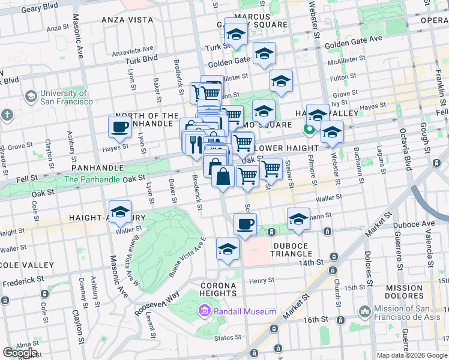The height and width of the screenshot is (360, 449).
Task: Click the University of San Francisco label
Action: [64, 97]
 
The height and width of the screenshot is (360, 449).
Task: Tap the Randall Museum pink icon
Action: [204, 311]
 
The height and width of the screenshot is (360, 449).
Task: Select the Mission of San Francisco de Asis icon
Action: [364, 311]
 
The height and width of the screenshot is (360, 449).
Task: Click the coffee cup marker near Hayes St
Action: [120, 127]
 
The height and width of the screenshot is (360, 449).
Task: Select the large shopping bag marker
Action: [223, 177]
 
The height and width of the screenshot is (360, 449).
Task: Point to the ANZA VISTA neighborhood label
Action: [127, 20]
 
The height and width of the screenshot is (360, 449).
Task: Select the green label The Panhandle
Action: [88, 179]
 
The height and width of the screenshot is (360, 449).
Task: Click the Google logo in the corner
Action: [20, 353]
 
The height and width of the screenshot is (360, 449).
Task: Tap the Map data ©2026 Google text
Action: [412, 355]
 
